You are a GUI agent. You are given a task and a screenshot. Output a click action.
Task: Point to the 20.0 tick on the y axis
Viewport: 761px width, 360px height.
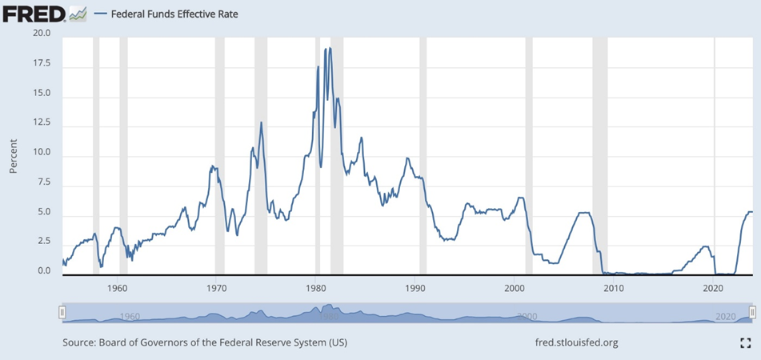click(x=41, y=34)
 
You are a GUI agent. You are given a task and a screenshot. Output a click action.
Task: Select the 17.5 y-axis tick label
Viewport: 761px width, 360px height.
click(x=41, y=63)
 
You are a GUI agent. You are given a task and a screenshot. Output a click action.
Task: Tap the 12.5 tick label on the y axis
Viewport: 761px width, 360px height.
click(x=41, y=122)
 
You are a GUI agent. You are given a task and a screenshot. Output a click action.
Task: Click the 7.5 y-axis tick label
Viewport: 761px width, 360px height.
click(x=43, y=182)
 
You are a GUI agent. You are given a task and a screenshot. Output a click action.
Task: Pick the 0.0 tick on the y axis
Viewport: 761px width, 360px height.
click(x=43, y=272)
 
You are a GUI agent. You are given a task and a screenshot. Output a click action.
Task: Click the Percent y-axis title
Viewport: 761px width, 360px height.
click(x=14, y=156)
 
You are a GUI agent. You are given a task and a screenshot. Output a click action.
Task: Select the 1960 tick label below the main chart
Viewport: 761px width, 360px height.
click(x=118, y=287)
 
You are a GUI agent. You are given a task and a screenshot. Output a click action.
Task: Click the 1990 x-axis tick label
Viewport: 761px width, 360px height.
click(x=415, y=287)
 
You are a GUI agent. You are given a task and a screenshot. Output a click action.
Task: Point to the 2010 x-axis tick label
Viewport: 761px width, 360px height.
click(x=614, y=287)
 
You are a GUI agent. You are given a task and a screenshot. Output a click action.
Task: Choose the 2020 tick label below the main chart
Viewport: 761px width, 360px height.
click(x=713, y=287)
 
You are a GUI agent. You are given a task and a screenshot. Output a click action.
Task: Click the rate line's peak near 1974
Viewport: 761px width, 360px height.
click(x=261, y=122)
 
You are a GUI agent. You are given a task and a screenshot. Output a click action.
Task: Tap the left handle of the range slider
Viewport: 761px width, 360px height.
click(x=62, y=312)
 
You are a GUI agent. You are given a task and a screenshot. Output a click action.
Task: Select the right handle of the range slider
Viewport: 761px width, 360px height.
click(x=752, y=312)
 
